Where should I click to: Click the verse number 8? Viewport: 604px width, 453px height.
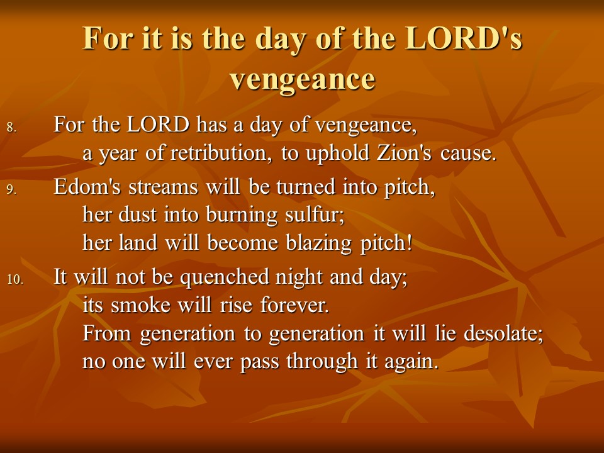[11, 127]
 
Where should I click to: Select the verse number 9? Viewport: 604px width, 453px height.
[11, 189]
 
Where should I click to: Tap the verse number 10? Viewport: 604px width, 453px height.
[15, 279]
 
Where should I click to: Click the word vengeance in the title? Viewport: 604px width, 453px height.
[303, 80]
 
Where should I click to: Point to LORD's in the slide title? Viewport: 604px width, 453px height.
[464, 38]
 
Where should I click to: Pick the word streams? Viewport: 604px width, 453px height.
[164, 187]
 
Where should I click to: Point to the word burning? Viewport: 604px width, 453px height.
[242, 216]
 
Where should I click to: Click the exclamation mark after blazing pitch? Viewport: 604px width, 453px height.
[409, 243]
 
